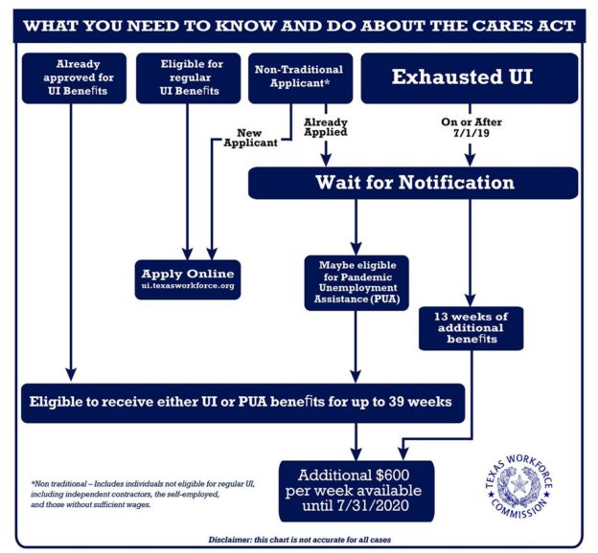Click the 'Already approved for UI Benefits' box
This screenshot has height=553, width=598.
point(71,77)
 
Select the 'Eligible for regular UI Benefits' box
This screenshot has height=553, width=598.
point(188,77)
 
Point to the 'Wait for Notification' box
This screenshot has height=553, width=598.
point(413,183)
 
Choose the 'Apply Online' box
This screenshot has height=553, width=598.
point(188,279)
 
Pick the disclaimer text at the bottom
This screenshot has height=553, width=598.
point(299,540)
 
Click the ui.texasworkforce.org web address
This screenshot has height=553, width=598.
point(188,286)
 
